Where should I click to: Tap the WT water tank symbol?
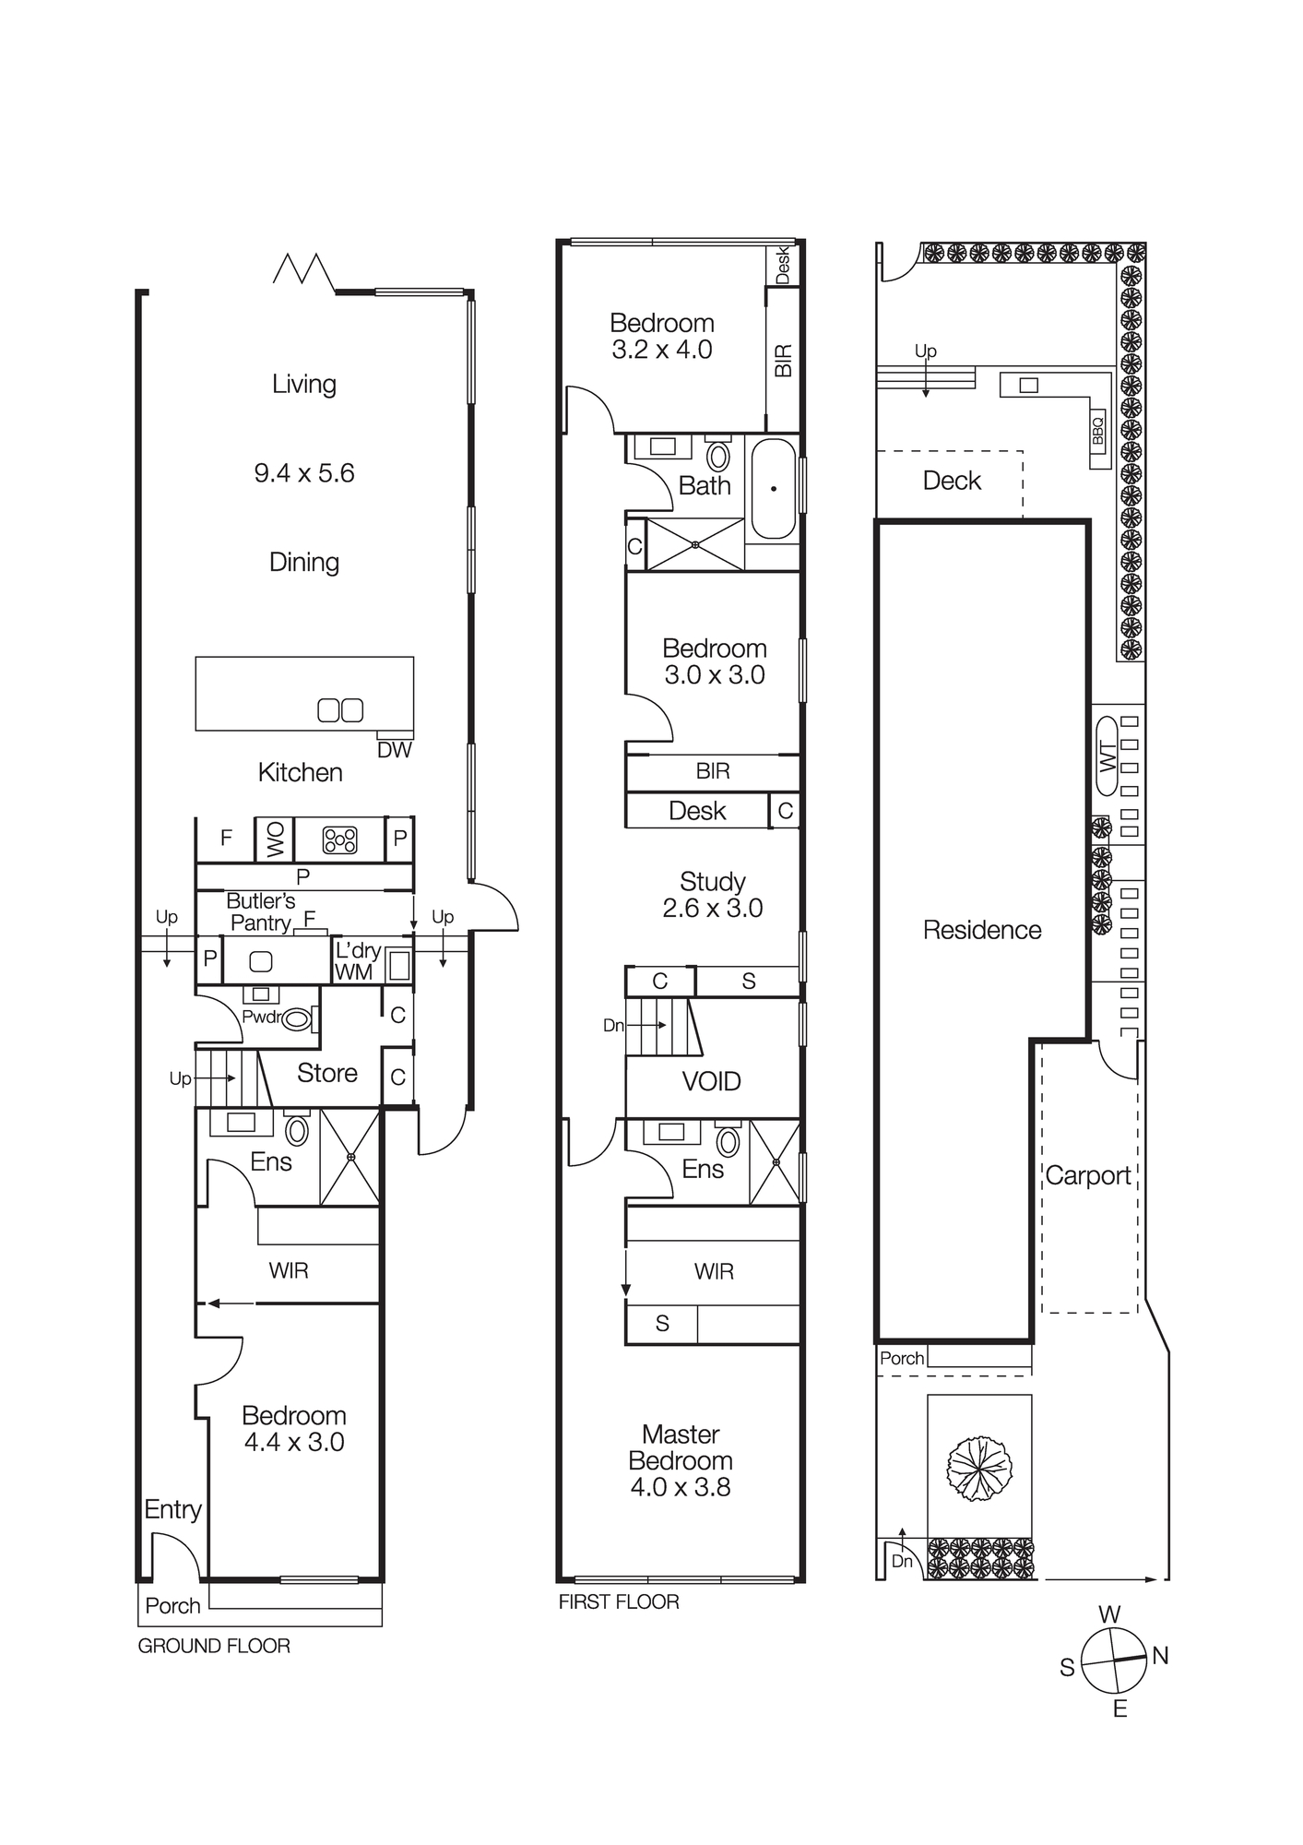click(x=1108, y=757)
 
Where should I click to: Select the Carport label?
click(x=1087, y=1176)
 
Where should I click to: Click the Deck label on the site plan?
click(x=952, y=481)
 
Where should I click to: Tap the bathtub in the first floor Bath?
click(x=773, y=489)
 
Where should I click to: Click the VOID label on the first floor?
click(x=711, y=1081)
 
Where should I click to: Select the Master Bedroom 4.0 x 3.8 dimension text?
click(x=681, y=1487)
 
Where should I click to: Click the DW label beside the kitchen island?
click(x=395, y=750)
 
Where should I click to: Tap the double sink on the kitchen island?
click(x=340, y=710)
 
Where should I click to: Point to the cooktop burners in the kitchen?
click(x=339, y=839)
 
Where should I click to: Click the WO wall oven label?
click(x=275, y=839)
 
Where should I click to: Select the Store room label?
click(x=327, y=1073)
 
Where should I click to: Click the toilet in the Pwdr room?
click(x=297, y=1019)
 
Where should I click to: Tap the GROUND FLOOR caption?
click(x=214, y=1647)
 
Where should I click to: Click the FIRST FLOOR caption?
click(x=619, y=1602)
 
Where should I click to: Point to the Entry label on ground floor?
click(x=172, y=1510)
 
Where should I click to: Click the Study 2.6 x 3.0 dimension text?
click(x=712, y=909)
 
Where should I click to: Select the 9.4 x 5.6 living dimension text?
click(x=304, y=473)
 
